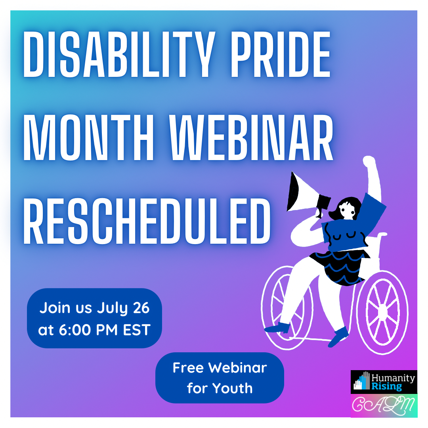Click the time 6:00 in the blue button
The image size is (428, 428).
[x=76, y=330]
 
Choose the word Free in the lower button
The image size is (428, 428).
[x=188, y=368]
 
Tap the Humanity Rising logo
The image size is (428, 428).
[x=384, y=382]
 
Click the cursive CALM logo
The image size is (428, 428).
[x=384, y=405]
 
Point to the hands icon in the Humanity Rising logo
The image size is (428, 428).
[x=362, y=382]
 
